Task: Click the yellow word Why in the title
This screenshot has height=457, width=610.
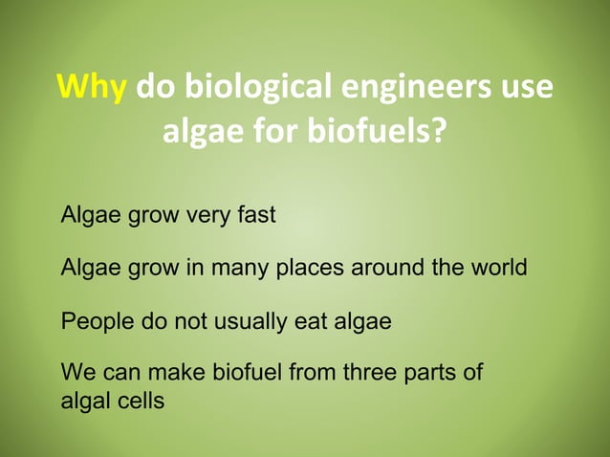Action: pyautogui.click(x=93, y=88)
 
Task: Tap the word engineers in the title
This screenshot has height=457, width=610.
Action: pyautogui.click(x=416, y=88)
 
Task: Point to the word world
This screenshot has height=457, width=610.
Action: pyautogui.click(x=498, y=268)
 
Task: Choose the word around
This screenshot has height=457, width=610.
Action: pyautogui.click(x=387, y=268)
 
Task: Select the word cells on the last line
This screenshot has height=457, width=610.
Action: pyautogui.click(x=140, y=401)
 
